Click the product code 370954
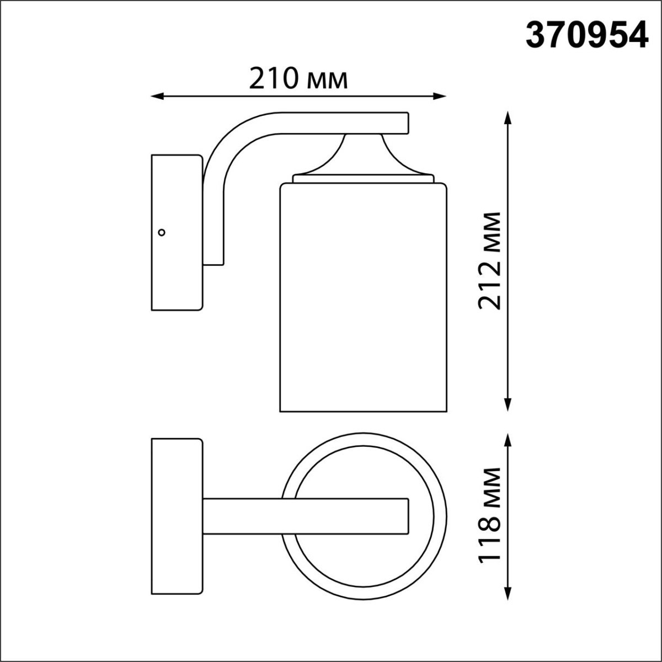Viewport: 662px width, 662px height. (x=586, y=35)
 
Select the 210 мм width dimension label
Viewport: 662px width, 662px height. (x=298, y=79)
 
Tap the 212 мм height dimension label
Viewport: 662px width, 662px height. (x=489, y=260)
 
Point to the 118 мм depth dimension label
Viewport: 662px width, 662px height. (x=489, y=515)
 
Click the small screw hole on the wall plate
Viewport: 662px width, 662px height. (x=162, y=232)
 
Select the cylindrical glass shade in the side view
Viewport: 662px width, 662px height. (x=362, y=298)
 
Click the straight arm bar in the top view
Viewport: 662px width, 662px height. (x=306, y=516)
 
